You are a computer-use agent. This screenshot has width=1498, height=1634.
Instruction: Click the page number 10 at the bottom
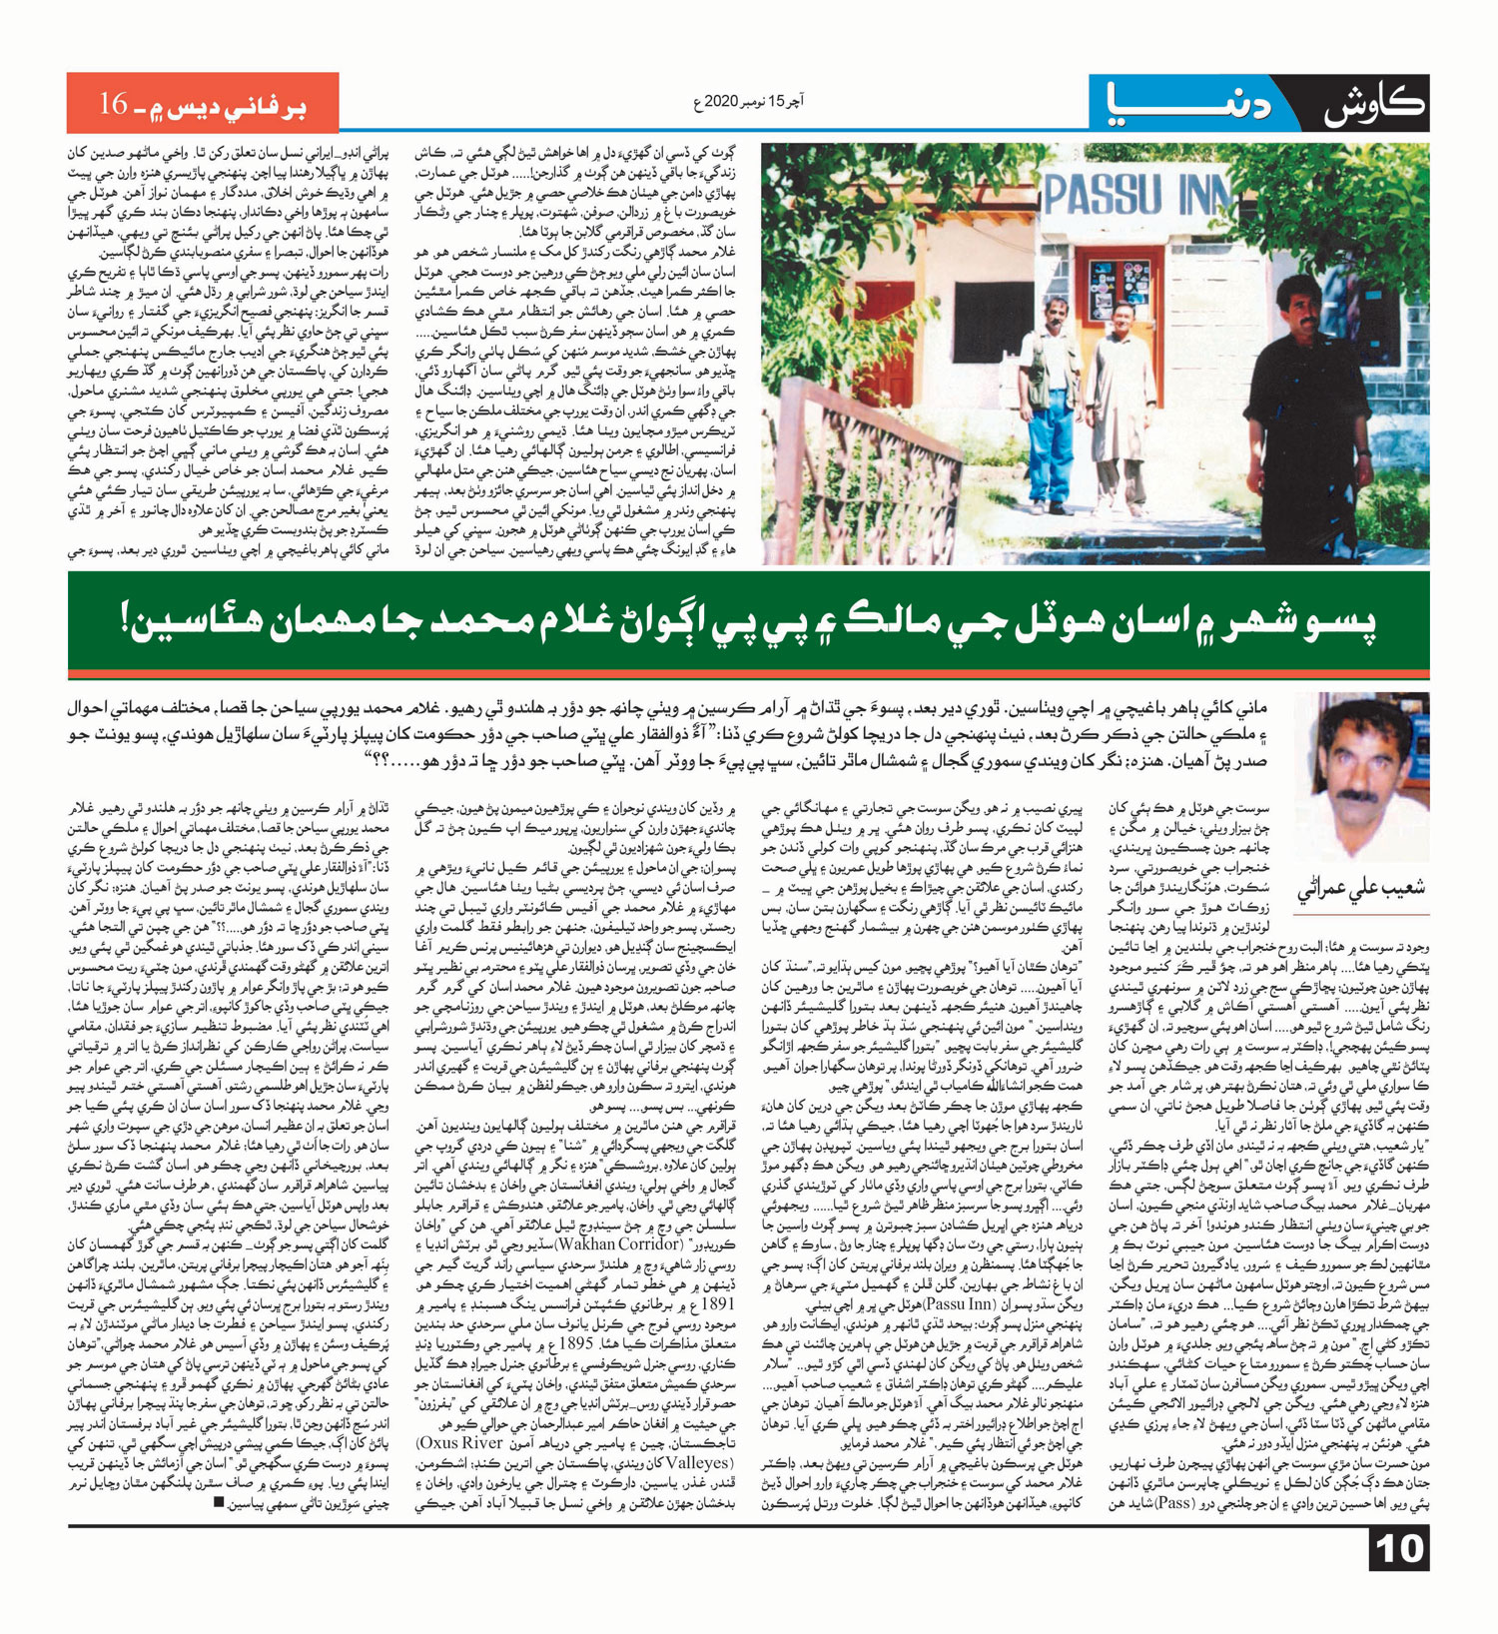1400,1549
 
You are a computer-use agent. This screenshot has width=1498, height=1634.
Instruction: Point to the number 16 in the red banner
113,103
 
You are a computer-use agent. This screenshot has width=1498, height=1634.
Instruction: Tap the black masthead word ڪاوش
1375,105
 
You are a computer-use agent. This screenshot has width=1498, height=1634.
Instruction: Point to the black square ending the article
220,1502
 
